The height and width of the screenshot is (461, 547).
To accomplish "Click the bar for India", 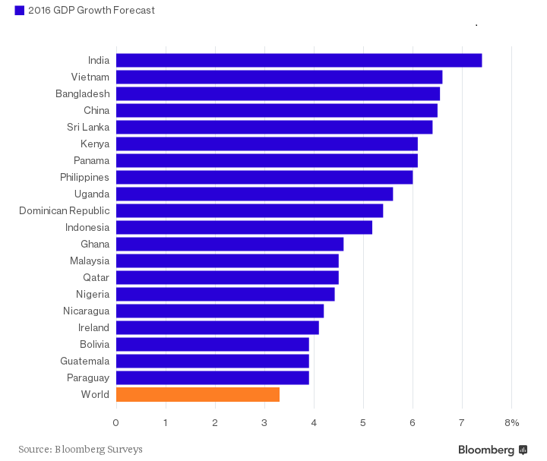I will click(x=299, y=61).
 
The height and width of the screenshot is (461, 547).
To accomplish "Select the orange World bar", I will click(x=198, y=395).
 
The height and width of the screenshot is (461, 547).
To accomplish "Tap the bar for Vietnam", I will click(x=279, y=77).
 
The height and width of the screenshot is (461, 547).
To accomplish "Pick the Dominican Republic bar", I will click(x=249, y=211).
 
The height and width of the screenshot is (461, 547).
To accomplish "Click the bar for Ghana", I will click(x=229, y=245).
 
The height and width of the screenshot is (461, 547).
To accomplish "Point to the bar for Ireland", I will click(x=217, y=328).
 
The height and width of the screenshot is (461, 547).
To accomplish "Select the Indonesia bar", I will click(x=244, y=228).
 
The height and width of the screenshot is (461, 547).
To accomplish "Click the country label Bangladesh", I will click(x=83, y=94).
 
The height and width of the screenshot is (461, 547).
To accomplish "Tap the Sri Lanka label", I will click(x=88, y=128).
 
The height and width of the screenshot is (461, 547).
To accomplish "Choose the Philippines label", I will click(x=84, y=178).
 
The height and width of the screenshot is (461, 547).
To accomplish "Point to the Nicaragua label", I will click(x=86, y=311).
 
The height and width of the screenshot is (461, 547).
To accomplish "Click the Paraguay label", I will click(x=87, y=378).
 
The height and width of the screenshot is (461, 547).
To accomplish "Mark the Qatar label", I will click(x=96, y=278).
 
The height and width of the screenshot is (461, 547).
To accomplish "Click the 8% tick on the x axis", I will click(x=511, y=423).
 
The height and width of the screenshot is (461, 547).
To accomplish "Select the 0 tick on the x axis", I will click(x=116, y=423).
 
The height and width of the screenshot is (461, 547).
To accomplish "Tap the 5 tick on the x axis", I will click(x=363, y=423).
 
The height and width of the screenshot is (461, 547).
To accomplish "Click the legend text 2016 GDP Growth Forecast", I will click(x=91, y=11).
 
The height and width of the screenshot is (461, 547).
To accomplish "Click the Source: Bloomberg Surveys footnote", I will click(x=81, y=450).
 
